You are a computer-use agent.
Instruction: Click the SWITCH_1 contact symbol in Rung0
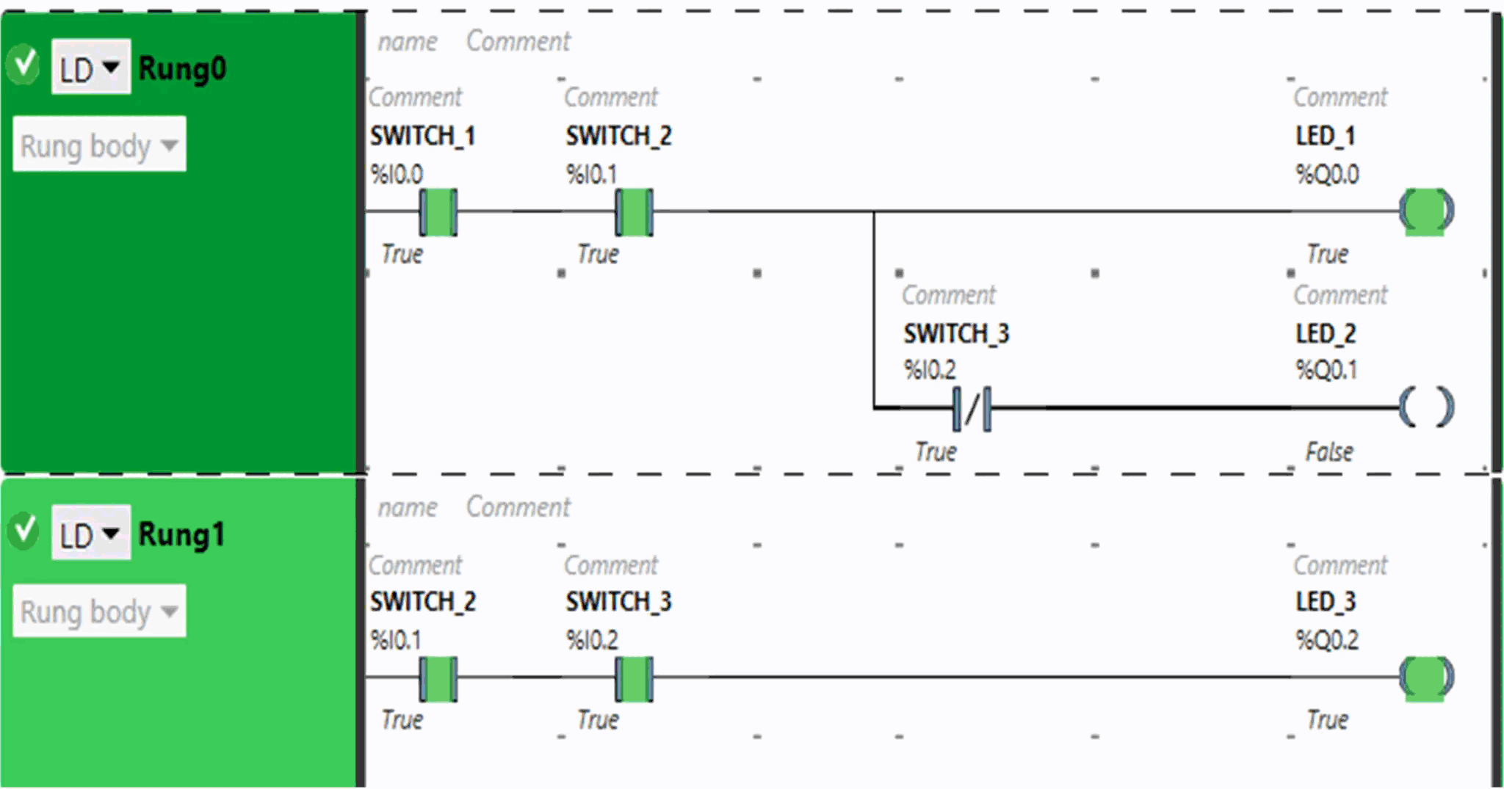tap(438, 212)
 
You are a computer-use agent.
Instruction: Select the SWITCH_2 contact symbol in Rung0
tap(634, 212)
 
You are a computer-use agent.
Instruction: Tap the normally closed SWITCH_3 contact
tap(972, 409)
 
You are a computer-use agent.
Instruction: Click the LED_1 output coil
tap(1425, 211)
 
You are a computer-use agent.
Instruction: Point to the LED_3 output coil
tap(1425, 678)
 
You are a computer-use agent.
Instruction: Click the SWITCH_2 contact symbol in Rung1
tap(438, 679)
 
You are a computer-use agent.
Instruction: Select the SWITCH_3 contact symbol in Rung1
tap(634, 679)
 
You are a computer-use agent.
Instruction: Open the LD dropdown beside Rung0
tap(91, 68)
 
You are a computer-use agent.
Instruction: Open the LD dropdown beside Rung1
tap(91, 534)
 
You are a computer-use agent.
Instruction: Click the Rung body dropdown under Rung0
tap(99, 145)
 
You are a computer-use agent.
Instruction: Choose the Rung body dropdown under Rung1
tap(99, 611)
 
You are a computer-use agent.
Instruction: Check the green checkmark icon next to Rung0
tap(23, 65)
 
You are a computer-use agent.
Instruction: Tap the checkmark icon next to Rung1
tap(23, 531)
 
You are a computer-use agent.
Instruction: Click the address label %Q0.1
tap(1326, 369)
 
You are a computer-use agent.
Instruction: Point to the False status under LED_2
tap(1329, 451)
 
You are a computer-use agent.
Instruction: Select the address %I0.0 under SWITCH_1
tap(397, 174)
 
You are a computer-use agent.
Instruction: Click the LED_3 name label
tap(1326, 601)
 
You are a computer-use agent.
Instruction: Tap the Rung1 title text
tap(181, 534)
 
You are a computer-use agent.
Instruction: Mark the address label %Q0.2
tap(1327, 640)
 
